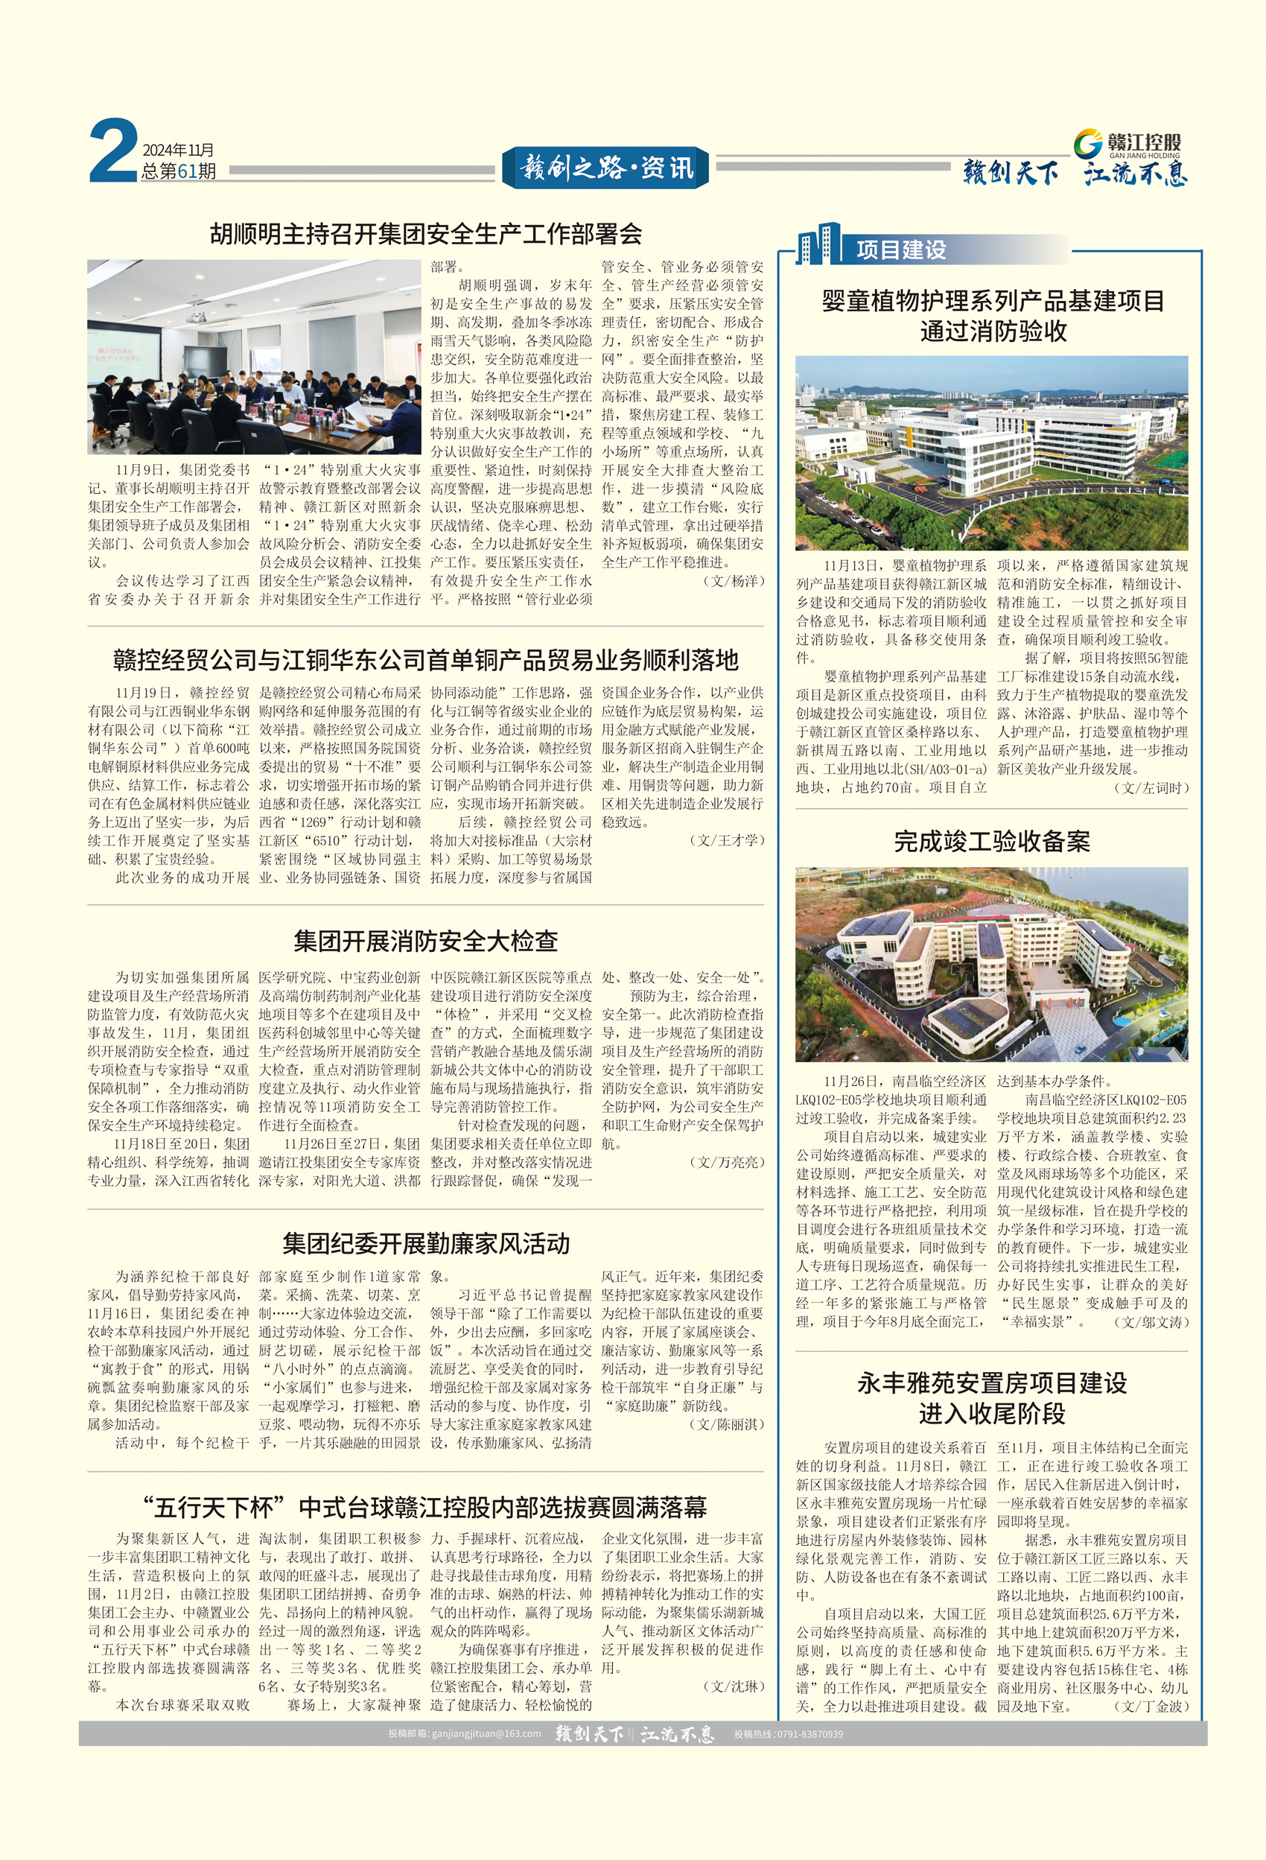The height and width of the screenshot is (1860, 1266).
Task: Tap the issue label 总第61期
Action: (x=179, y=171)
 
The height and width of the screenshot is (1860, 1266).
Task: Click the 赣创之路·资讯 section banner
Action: (x=605, y=168)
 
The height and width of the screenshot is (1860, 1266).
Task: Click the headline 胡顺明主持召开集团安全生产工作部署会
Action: (x=426, y=234)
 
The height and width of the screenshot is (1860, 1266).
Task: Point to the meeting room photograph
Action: (x=254, y=357)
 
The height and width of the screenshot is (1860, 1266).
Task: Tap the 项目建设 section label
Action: (x=901, y=250)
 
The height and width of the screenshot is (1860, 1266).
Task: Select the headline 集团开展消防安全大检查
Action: (x=426, y=940)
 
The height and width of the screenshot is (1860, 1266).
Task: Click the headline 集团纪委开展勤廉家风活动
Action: (x=426, y=1243)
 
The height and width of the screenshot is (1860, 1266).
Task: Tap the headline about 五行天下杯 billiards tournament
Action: (x=426, y=1508)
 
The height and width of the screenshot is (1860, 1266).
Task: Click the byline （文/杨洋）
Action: (x=732, y=581)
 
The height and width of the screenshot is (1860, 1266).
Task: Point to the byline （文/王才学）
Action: (x=726, y=839)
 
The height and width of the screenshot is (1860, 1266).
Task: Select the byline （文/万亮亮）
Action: (x=726, y=1161)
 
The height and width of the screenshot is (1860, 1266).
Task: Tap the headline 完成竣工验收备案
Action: (x=991, y=841)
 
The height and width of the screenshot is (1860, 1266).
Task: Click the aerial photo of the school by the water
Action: (x=991, y=965)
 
